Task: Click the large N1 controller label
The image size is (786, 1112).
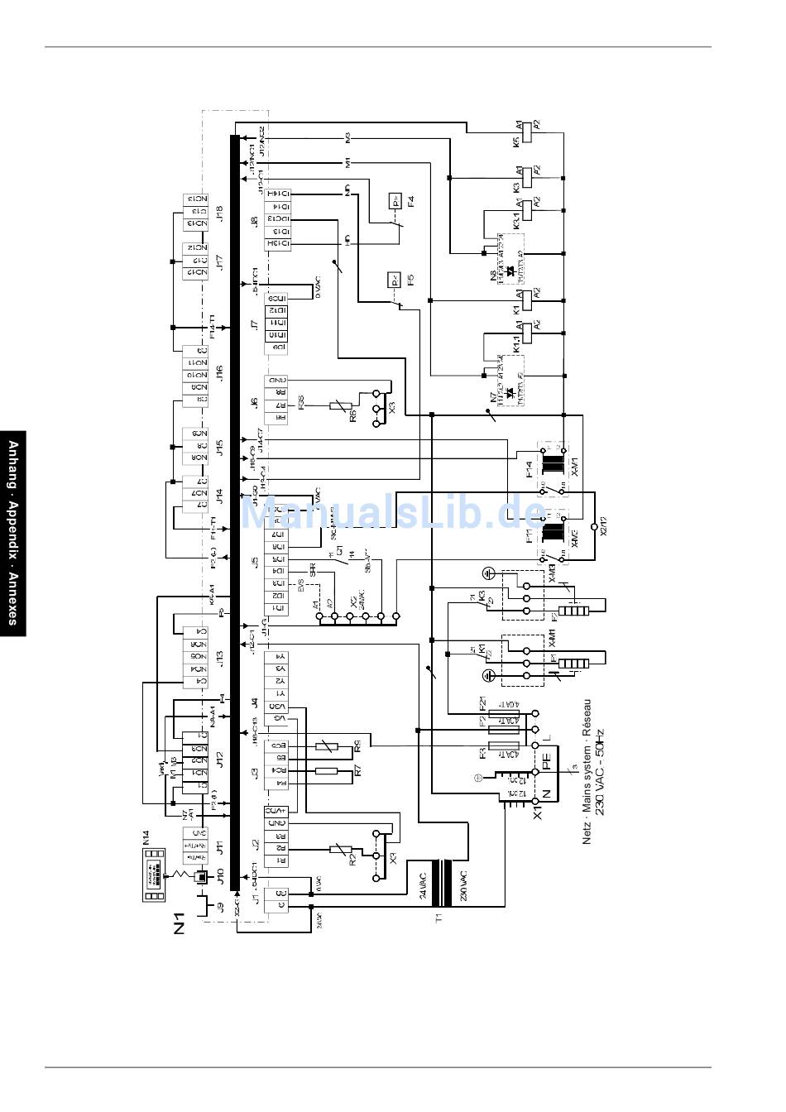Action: [180, 923]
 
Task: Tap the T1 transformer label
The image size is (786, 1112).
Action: [439, 917]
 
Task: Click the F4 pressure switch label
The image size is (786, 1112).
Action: [410, 200]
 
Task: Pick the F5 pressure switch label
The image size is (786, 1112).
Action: [410, 280]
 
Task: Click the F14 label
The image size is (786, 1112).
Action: [530, 472]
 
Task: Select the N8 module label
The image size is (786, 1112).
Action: [494, 278]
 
